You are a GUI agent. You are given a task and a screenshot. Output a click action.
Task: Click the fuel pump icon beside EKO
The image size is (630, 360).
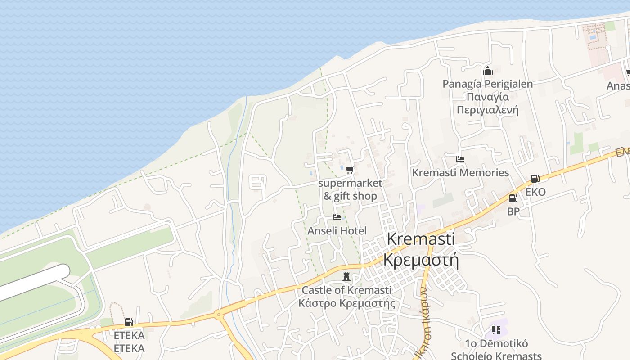[x=535, y=179]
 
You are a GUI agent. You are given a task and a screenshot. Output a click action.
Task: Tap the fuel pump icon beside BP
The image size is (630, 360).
[x=513, y=198]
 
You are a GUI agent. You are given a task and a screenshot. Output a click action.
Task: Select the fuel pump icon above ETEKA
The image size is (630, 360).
[x=129, y=322]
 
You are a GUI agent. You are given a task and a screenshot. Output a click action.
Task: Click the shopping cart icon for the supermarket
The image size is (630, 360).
[x=350, y=170]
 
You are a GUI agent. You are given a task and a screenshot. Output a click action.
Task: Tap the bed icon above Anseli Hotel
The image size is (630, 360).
[x=337, y=218]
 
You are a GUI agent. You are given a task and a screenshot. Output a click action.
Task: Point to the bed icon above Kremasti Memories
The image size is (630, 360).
[x=460, y=159]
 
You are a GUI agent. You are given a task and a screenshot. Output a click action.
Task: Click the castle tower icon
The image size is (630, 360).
[x=346, y=276]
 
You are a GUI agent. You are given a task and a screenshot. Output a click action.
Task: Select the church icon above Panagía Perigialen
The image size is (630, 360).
[x=487, y=71]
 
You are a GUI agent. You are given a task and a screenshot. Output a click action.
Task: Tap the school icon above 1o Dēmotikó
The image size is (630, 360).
[x=496, y=330]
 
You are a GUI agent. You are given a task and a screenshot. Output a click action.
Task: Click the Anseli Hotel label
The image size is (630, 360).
[x=337, y=231]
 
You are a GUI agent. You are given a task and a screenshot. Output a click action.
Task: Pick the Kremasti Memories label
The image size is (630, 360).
[x=460, y=173]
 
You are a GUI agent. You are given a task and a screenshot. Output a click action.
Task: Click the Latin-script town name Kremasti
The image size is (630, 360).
[x=421, y=239]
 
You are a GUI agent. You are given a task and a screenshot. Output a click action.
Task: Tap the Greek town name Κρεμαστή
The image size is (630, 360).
[x=421, y=260]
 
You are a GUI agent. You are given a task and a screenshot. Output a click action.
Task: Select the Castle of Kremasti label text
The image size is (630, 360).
[x=346, y=290]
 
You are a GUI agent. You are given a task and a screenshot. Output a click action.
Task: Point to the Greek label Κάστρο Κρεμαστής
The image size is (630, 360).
[x=346, y=303]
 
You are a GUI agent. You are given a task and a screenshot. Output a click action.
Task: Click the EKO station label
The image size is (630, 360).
[x=535, y=192]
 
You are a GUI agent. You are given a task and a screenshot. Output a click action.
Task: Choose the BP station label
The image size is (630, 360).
[x=513, y=211]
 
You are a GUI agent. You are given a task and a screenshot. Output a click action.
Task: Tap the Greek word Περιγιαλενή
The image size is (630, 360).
[x=487, y=110]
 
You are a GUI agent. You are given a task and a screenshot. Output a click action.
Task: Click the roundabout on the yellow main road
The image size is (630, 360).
[x=219, y=315]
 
